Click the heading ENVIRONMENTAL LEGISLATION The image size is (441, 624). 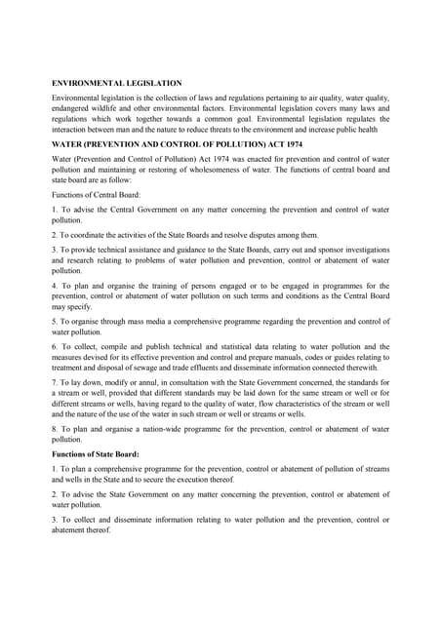pos(116,83)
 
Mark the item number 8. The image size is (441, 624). pos(54,428)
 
